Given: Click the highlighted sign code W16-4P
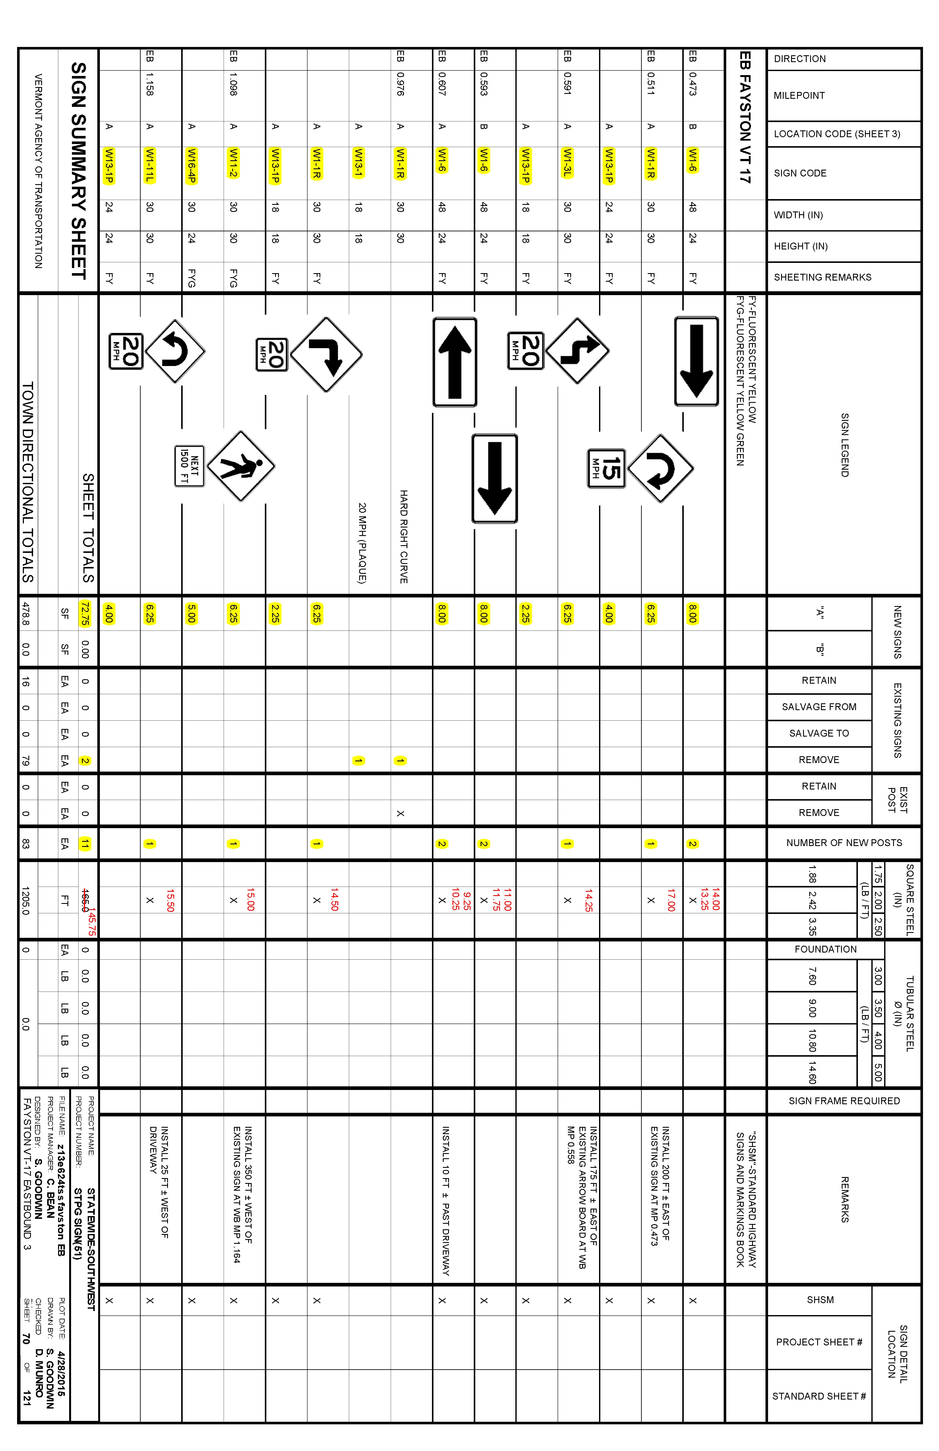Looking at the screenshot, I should click(191, 165).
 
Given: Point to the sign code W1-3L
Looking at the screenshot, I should click(567, 163).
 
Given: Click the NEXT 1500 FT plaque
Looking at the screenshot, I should click(189, 466).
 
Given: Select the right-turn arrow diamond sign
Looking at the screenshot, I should click(326, 354).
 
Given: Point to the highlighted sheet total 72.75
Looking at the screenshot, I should click(85, 613).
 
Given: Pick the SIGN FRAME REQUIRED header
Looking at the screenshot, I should click(844, 1100).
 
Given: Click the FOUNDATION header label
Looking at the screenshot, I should click(825, 949).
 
